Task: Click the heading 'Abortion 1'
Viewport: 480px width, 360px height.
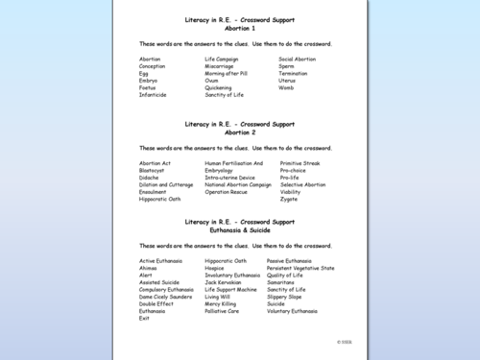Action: click(239, 28)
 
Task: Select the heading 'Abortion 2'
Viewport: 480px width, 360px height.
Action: click(239, 132)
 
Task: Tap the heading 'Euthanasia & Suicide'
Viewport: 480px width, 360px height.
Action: click(239, 230)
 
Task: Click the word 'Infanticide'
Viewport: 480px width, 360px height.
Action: click(153, 94)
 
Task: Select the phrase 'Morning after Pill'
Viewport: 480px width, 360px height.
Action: click(227, 73)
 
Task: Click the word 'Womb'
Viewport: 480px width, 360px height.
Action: click(287, 87)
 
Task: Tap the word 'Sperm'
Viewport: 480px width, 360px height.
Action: click(288, 65)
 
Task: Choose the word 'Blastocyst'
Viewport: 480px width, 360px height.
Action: click(154, 170)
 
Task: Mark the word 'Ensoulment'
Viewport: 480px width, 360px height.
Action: click(153, 192)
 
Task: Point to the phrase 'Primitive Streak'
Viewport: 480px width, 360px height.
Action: click(300, 163)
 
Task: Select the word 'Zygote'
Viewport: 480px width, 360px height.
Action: click(289, 199)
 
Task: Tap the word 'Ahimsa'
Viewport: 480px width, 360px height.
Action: click(149, 268)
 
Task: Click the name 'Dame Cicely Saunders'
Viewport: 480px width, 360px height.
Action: click(166, 297)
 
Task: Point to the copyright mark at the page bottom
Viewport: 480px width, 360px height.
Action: click(344, 341)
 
